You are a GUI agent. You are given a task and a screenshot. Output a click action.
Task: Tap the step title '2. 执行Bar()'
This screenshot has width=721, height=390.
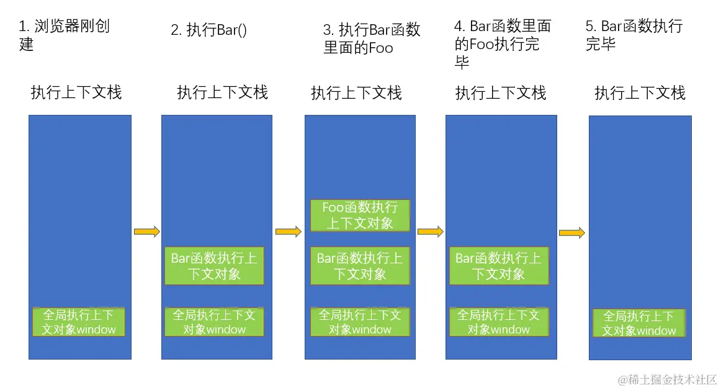[208, 30]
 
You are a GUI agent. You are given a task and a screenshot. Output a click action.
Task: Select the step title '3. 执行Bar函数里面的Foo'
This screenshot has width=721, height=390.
[372, 39]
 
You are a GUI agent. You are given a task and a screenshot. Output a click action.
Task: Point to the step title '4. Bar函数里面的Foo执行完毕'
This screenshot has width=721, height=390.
[502, 43]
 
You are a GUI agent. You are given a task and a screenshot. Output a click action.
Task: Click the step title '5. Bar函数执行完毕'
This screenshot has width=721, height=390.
[634, 35]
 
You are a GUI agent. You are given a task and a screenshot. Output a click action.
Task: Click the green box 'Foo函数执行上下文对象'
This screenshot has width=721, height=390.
[360, 215]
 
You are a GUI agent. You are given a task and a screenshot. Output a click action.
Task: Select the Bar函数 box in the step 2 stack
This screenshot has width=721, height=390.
[214, 266]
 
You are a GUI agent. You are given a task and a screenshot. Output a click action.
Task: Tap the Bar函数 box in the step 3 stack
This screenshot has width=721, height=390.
[360, 266]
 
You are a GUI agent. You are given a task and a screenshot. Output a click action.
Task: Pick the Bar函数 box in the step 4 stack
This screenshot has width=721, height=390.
[499, 266]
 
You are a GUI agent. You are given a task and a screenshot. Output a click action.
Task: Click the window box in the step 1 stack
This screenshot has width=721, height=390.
[79, 322]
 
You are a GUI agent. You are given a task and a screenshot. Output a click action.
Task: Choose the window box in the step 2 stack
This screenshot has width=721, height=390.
[214, 322]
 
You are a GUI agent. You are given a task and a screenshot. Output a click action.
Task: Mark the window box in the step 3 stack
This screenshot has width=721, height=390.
[360, 322]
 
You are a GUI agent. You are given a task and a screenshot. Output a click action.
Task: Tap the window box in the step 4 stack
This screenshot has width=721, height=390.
[499, 322]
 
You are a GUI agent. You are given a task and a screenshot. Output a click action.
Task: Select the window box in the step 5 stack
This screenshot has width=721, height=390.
[638, 323]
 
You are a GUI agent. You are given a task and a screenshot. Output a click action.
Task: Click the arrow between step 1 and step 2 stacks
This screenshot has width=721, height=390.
[146, 232]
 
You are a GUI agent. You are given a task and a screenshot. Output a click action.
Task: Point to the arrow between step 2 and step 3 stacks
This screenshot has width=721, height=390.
[288, 232]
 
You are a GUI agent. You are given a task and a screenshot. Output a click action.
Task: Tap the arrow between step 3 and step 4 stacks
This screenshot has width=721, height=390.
[430, 232]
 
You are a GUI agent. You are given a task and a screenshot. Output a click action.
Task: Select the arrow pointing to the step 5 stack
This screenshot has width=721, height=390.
[571, 233]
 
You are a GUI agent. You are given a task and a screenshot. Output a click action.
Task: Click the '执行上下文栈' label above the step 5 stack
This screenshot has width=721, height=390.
[640, 93]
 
